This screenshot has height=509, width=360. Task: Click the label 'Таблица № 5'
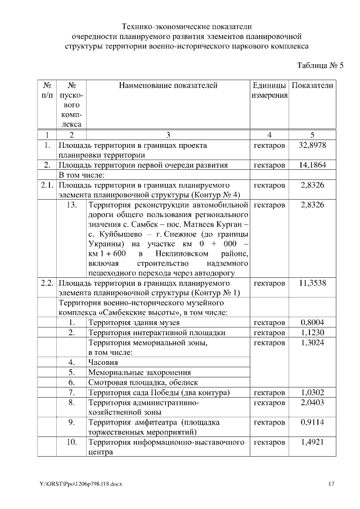[319, 65]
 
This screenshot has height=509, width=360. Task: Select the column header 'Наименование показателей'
[168, 85]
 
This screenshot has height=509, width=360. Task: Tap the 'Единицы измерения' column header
[269, 91]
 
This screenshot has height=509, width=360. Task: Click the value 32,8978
[313, 145]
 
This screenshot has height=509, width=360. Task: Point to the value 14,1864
[313, 165]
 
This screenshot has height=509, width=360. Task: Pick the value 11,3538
[313, 283]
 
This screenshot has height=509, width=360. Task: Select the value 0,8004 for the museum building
[313, 322]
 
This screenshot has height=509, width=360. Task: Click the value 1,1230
[313, 332]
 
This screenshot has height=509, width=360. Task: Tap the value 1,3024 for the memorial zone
[313, 343]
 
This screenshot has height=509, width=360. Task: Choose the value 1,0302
[313, 392]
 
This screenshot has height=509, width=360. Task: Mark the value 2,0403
[313, 402]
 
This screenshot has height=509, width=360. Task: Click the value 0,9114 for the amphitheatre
[313, 422]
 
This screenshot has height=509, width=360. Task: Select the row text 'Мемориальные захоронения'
[139, 372]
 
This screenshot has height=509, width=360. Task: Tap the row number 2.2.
[47, 283]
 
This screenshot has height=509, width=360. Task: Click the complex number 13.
[71, 205]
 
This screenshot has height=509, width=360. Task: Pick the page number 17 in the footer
[332, 484]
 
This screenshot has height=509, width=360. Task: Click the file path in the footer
[81, 484]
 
